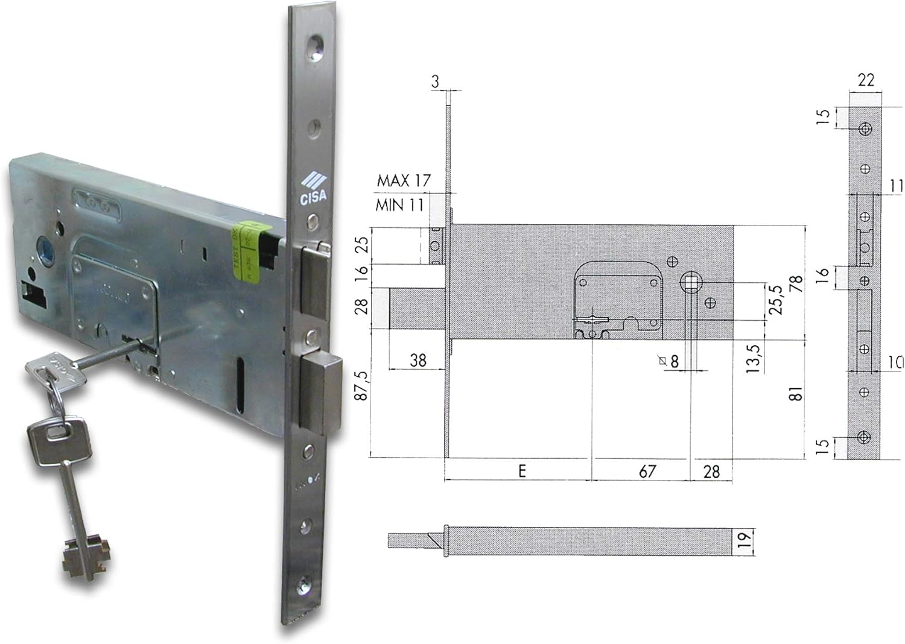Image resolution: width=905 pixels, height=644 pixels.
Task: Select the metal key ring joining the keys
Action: pyautogui.click(x=57, y=400)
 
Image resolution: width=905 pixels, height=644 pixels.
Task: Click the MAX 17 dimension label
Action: pyautogui.click(x=404, y=180)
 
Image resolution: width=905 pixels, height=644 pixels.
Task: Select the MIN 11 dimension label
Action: pyautogui.click(x=399, y=205)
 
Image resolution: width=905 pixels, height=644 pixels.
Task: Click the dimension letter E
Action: pyautogui.click(x=522, y=471)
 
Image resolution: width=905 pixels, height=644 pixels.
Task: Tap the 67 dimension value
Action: pyautogui.click(x=647, y=471)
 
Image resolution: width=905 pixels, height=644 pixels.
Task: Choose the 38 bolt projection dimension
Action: pyautogui.click(x=418, y=361)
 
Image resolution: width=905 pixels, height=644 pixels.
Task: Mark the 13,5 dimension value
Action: pyautogui.click(x=754, y=358)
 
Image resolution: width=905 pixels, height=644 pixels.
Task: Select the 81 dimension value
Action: pyautogui.click(x=797, y=395)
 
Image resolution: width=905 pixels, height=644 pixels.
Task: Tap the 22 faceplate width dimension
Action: pyautogui.click(x=866, y=80)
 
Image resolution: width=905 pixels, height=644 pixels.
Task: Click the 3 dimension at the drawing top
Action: pyautogui.click(x=436, y=81)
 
